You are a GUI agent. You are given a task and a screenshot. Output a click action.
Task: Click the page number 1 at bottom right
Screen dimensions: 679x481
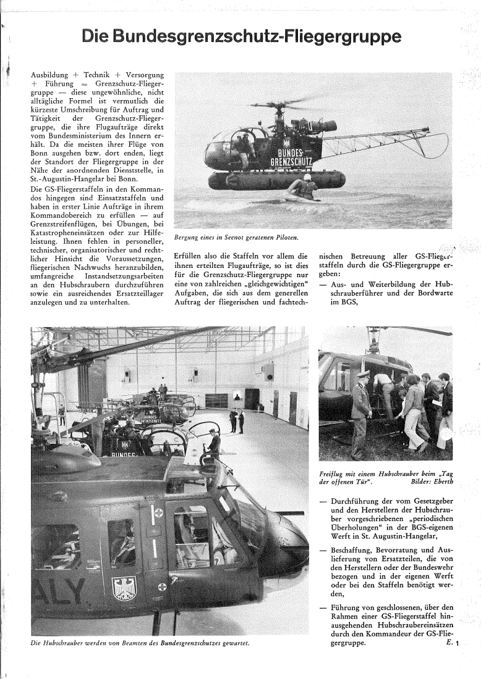[459, 644]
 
